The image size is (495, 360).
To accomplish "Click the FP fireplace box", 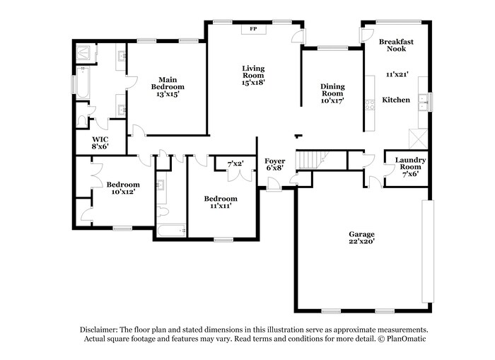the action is point(253,29).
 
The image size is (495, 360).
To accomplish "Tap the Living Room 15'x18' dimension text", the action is point(253,83).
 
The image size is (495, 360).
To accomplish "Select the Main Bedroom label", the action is point(168,83).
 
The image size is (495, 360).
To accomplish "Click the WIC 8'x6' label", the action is point(100,143).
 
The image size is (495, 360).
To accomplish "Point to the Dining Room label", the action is point(332,90).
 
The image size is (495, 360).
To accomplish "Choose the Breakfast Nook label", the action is point(396,45).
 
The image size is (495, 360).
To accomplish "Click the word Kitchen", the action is point(396,100).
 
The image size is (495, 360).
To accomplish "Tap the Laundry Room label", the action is point(410,163).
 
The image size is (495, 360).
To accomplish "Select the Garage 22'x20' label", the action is point(361,238).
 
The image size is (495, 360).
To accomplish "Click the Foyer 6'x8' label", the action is point(274,165).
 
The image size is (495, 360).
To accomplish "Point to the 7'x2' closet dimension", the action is point(235,164).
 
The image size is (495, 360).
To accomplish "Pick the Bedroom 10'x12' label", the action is point(123,188).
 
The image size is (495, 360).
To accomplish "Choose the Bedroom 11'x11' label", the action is point(221,202).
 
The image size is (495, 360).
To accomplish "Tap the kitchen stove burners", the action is point(370,105).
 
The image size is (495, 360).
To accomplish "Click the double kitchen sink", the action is point(423,103).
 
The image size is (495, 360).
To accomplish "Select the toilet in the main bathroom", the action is point(82,122).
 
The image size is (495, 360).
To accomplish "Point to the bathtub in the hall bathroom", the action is point(171,231).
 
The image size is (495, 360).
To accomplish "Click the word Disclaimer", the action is point(99,330).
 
